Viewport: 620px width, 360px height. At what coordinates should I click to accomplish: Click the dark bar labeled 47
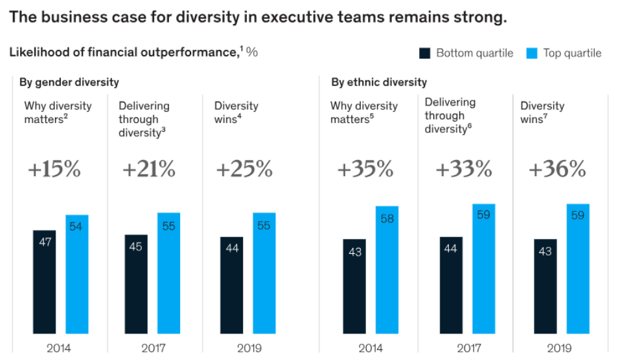pyautogui.click(x=44, y=281)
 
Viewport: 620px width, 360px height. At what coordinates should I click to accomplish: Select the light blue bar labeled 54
pyautogui.click(x=77, y=273)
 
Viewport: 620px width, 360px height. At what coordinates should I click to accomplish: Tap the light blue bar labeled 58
pyautogui.click(x=387, y=269)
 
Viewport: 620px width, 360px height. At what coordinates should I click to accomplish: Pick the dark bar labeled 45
pyautogui.click(x=136, y=284)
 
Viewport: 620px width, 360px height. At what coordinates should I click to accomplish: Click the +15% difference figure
pyautogui.click(x=54, y=170)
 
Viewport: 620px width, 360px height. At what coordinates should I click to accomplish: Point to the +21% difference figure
pyautogui.click(x=148, y=170)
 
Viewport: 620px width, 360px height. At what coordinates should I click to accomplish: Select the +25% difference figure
pyautogui.click(x=244, y=170)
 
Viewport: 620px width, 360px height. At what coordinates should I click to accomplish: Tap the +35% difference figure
pyautogui.click(x=365, y=170)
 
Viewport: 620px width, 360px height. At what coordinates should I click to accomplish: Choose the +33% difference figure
pyautogui.click(x=463, y=170)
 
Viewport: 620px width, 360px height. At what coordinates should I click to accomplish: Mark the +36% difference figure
pyautogui.click(x=557, y=170)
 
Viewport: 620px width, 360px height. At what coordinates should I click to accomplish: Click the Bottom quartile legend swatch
pyautogui.click(x=425, y=53)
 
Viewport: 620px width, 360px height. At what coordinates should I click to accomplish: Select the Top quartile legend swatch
pyautogui.click(x=532, y=53)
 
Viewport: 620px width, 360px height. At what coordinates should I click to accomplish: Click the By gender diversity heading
pyautogui.click(x=69, y=82)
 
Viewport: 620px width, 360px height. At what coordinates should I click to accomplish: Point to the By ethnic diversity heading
pyautogui.click(x=379, y=82)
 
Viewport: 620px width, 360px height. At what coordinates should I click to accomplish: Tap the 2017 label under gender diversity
pyautogui.click(x=154, y=348)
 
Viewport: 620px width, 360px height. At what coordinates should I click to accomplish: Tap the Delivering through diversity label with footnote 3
pyautogui.click(x=144, y=119)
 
